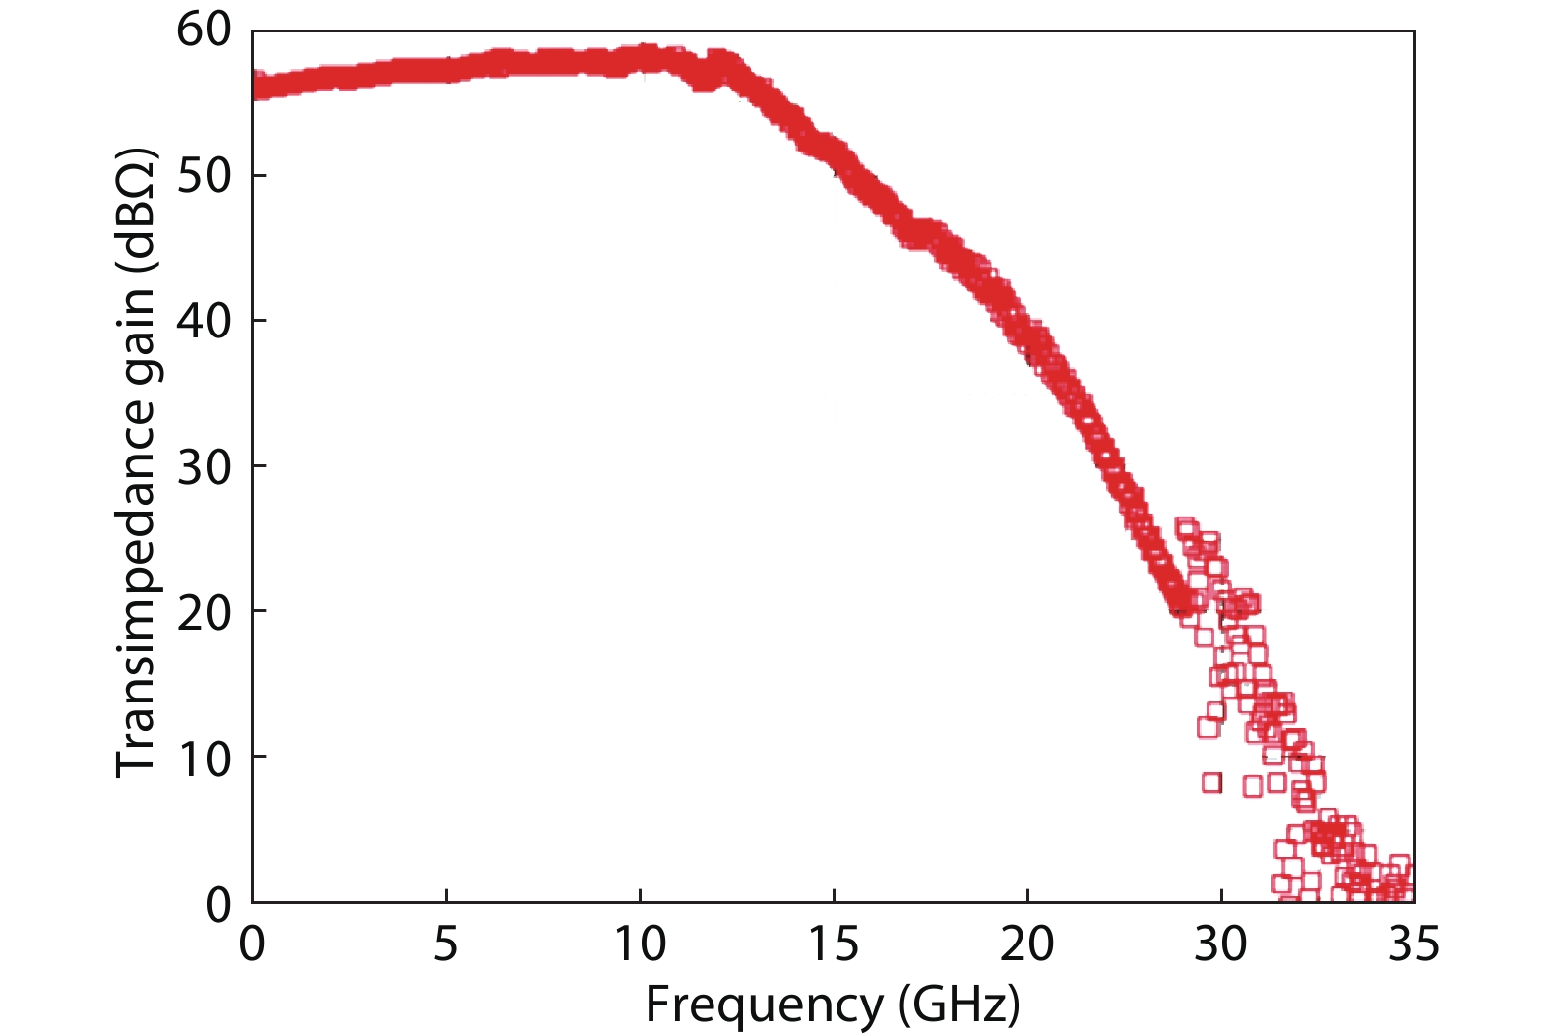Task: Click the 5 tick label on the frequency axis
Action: (446, 945)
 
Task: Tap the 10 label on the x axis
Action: (640, 945)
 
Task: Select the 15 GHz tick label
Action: (834, 945)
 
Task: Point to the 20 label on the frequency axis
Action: (1027, 945)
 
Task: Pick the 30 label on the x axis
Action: (1221, 945)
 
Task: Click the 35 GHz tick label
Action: (1413, 945)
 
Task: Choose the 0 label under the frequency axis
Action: (252, 945)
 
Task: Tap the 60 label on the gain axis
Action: (204, 30)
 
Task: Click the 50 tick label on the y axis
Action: (204, 176)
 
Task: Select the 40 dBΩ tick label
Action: (204, 321)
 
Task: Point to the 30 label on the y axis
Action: (204, 466)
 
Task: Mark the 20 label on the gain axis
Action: (204, 612)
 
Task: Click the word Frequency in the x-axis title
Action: (764, 1005)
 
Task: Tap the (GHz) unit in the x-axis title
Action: (959, 1005)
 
